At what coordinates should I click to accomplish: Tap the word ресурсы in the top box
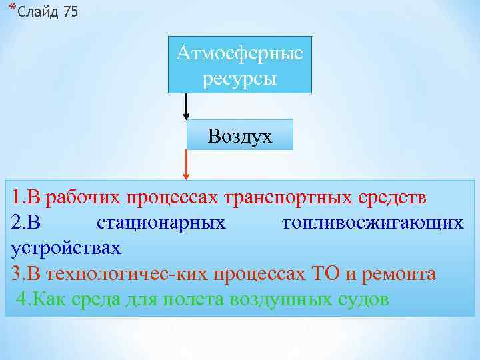(239, 78)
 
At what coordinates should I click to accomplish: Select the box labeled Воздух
(239, 136)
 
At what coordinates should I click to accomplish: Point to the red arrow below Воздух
(186, 165)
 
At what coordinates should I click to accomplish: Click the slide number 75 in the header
(69, 13)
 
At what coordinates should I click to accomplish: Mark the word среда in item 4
(96, 299)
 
